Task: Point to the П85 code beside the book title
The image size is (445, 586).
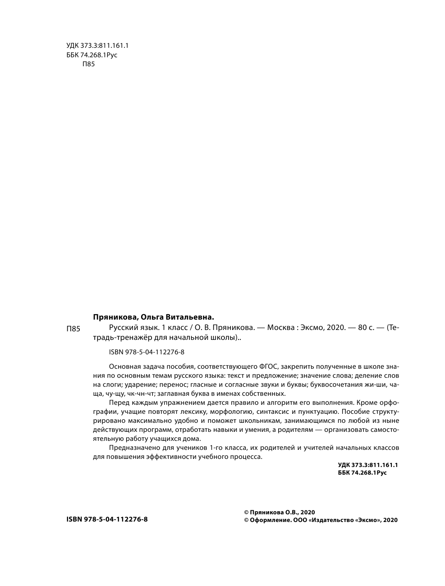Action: coord(73,329)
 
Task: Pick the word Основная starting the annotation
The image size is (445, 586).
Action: coord(122,367)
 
